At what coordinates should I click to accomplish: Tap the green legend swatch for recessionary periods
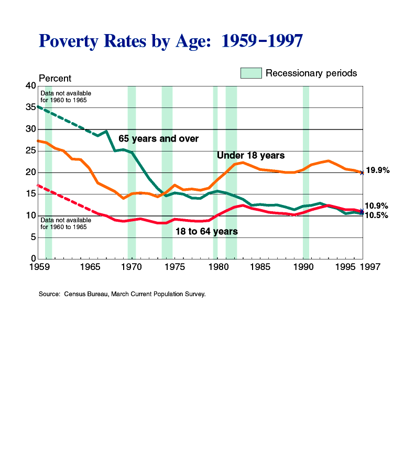coord(251,73)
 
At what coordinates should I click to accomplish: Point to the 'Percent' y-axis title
coord(55,78)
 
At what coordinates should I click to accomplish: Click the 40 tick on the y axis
coord(30,86)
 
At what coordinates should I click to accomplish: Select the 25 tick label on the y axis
coord(30,151)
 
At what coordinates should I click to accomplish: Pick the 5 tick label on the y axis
coord(33,237)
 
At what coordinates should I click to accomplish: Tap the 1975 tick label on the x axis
coord(176,267)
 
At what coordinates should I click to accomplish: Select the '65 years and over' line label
coord(158,139)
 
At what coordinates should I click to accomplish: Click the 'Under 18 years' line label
coord(250,156)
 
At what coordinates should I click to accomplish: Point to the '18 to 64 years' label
coord(206,231)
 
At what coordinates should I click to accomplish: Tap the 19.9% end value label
coord(377,170)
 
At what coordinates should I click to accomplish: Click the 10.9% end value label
coord(376,206)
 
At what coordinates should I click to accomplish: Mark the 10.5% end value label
coord(376,215)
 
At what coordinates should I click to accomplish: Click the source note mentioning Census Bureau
coord(122,294)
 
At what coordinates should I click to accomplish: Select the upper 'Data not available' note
coord(62,96)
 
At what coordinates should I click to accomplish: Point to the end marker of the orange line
coord(362,172)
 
